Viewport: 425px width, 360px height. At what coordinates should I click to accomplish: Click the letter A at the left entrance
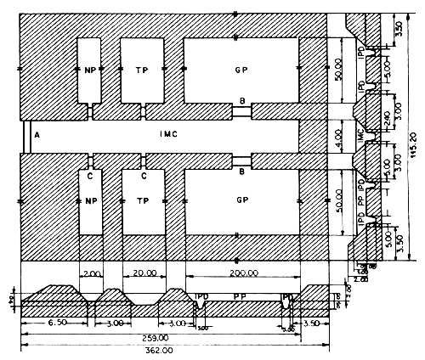(x=37, y=133)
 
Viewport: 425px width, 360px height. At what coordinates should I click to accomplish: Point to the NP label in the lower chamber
(x=89, y=201)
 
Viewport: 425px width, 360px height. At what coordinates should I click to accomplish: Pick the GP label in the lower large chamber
(x=241, y=201)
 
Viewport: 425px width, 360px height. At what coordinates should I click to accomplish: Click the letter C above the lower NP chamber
(x=89, y=177)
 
